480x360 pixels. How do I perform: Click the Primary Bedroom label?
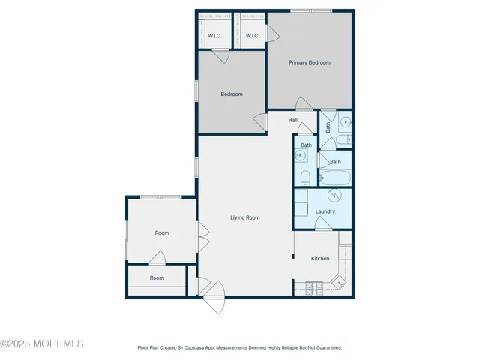click(310, 63)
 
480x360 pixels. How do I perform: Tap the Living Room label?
click(244, 217)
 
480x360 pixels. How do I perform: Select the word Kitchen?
click(320, 259)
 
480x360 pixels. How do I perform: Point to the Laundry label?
click(325, 212)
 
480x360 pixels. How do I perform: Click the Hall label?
click(293, 120)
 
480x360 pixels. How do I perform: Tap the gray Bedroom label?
click(231, 94)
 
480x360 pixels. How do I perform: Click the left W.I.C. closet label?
click(214, 36)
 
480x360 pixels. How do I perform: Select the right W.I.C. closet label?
click(252, 36)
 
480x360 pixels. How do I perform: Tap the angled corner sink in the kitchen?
click(340, 283)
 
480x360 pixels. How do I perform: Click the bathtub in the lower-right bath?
click(334, 178)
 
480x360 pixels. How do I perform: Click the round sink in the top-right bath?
click(345, 121)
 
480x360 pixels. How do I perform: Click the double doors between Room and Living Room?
click(201, 238)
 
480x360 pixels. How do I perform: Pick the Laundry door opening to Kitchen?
click(323, 226)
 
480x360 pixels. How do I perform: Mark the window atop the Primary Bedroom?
click(301, 10)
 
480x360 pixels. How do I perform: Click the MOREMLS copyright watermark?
click(42, 343)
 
